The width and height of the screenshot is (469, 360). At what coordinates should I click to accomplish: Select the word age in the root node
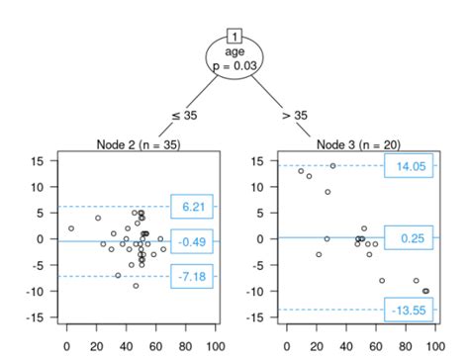coord(234,46)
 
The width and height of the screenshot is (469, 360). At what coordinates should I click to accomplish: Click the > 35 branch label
coord(294,115)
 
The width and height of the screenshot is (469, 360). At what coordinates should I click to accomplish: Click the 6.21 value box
coord(192,207)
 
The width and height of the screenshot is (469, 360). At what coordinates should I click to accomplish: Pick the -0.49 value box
coord(192,240)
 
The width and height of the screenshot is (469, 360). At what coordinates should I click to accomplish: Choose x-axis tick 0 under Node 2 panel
coord(66,347)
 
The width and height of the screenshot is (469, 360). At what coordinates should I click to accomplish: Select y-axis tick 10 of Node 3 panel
coord(259,186)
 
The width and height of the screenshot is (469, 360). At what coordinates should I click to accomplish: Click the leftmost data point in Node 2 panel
coord(71,228)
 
